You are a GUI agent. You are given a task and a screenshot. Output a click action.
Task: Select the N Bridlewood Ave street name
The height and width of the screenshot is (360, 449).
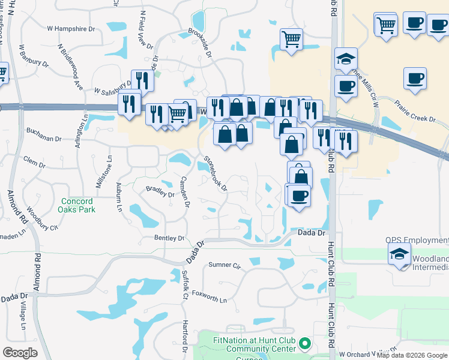coord(71,66)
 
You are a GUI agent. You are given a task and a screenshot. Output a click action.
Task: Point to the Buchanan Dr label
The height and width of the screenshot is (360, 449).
coord(44,139)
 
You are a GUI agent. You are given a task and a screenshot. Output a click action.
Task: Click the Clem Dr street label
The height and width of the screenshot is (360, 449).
coord(34,161)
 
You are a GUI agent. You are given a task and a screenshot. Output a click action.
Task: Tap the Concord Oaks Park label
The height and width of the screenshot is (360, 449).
coord(76,205)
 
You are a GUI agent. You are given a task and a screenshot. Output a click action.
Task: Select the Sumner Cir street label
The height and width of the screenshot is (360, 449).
coord(224,265)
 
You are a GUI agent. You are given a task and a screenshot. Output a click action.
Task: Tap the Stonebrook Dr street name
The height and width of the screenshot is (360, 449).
coord(215,173)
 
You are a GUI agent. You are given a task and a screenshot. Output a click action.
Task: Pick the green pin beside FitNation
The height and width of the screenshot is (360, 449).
coord(305,344)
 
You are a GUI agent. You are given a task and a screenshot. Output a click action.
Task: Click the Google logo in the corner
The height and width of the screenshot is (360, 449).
coord(20,353)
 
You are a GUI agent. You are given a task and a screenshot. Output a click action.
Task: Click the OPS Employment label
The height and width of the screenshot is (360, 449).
coord(417,241)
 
